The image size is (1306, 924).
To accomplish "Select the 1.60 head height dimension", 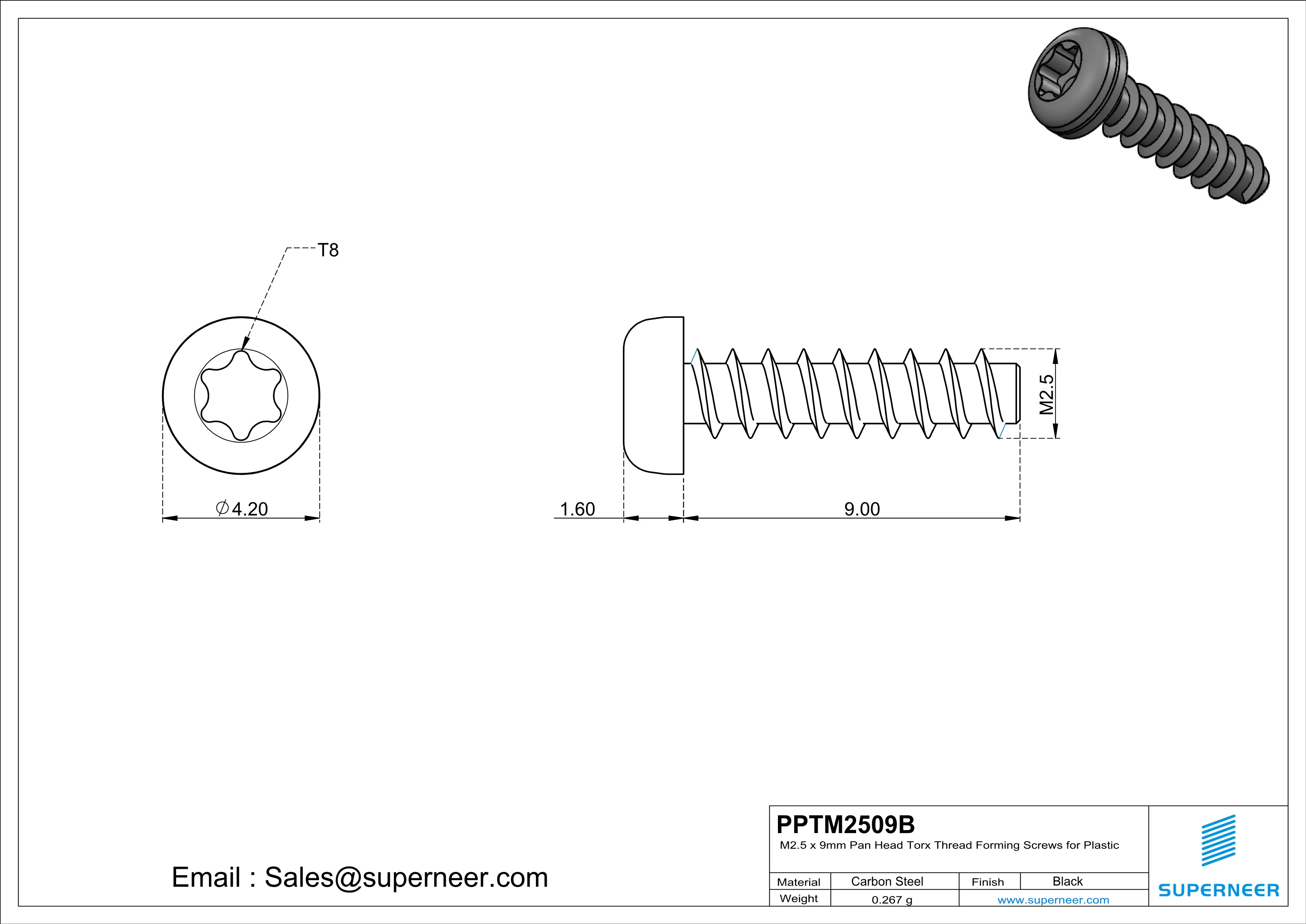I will (x=577, y=509).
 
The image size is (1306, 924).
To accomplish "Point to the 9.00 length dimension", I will (x=862, y=509).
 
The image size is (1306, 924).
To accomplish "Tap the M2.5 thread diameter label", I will (x=1046, y=394).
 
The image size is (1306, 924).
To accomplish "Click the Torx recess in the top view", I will (x=241, y=395).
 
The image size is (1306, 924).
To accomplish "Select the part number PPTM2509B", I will (x=845, y=824).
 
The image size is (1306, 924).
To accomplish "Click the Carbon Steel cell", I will (x=887, y=881).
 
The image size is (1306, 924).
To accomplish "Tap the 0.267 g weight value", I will (x=891, y=899).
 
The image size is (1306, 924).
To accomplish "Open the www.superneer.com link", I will (x=1053, y=899).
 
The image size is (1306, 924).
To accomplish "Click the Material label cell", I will (x=799, y=882).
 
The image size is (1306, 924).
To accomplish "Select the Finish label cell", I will (x=988, y=882).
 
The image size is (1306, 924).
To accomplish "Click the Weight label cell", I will (x=799, y=898).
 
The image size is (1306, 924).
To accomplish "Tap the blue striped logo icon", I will (x=1218, y=840).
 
